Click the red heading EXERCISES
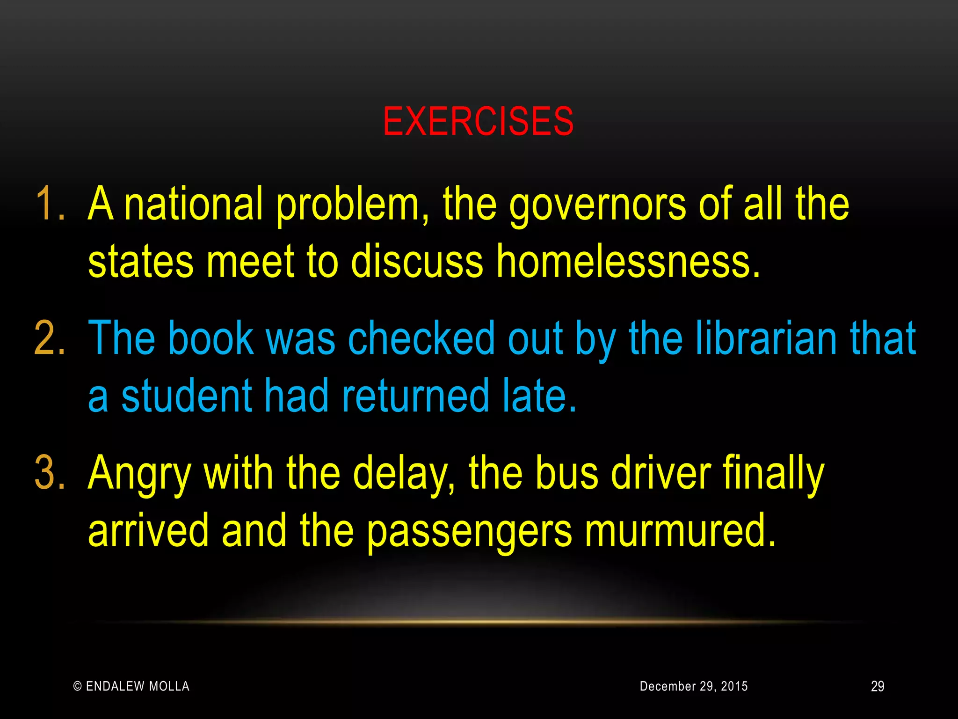(478, 122)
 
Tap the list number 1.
(49, 204)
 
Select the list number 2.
(49, 338)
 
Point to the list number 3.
(49, 473)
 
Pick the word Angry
(139, 474)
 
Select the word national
(194, 204)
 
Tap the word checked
(421, 338)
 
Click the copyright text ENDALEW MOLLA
(131, 686)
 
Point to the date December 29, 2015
(694, 686)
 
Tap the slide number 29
(878, 686)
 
